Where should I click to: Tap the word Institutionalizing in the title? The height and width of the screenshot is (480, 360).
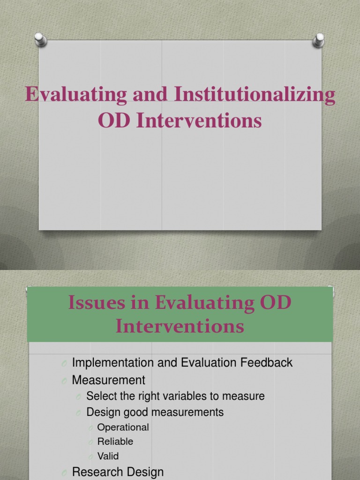click(255, 94)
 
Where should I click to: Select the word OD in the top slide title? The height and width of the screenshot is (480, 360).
click(114, 120)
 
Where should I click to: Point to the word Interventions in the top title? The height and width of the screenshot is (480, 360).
click(199, 120)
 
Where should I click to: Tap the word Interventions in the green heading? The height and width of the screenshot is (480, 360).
click(180, 325)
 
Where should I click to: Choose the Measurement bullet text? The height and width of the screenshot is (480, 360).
click(109, 380)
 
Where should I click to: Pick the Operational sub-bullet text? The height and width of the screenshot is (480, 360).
click(123, 427)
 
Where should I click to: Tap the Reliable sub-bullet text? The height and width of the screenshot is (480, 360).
click(115, 441)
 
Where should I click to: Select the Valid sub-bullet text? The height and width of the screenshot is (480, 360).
click(108, 456)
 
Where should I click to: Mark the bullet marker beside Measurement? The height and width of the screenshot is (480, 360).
click(64, 381)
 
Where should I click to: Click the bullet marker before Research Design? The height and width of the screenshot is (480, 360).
click(64, 473)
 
